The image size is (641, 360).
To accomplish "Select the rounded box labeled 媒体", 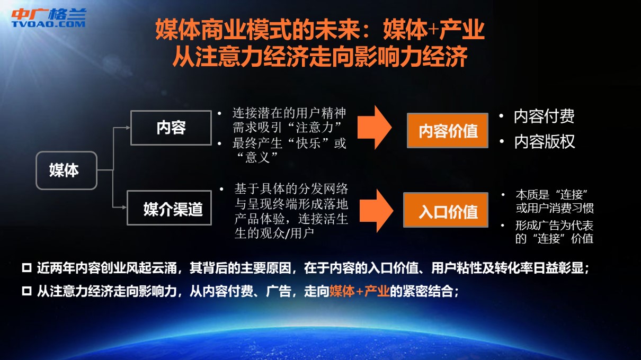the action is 66,170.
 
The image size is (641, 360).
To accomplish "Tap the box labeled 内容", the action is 171,128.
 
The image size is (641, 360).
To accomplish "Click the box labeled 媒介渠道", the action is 169,208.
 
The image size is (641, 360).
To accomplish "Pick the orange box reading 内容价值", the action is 448,131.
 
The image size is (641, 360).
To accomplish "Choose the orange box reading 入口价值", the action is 446,210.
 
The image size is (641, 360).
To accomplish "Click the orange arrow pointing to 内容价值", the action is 375,127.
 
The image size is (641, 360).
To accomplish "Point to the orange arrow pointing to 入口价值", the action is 376,211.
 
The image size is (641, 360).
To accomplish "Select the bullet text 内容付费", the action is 544,116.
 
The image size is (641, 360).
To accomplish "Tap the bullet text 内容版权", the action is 544,141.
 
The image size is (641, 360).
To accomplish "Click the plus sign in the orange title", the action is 434,30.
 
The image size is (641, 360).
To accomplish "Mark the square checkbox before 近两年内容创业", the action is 26,268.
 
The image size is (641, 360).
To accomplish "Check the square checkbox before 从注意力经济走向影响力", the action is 26,291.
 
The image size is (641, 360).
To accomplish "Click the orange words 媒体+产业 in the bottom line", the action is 359,291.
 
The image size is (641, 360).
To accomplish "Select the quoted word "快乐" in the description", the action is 308,143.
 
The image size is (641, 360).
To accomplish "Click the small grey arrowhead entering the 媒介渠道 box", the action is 124,207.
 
